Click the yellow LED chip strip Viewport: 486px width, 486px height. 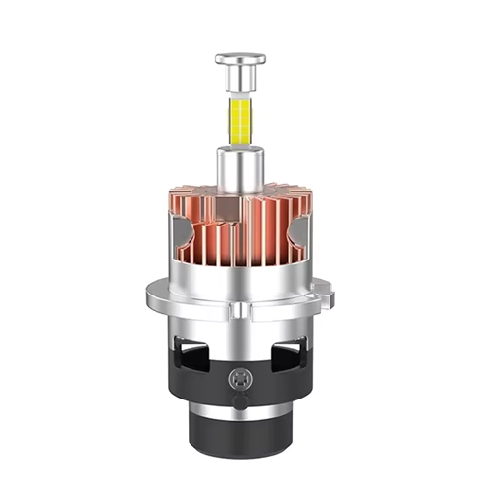(x=239, y=119)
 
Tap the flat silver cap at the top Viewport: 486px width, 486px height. (x=239, y=59)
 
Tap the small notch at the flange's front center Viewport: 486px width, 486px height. (x=239, y=309)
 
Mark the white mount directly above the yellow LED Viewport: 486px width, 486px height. (x=239, y=96)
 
